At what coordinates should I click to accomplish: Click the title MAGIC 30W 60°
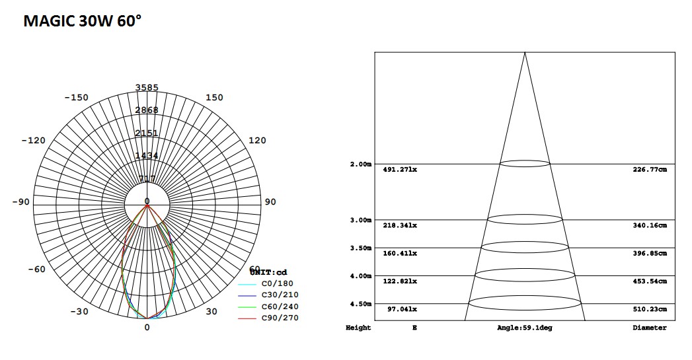pos(82,21)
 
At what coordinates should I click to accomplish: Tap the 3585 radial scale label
pos(147,87)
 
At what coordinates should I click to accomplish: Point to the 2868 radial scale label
pos(147,110)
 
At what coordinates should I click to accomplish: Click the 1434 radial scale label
pos(147,156)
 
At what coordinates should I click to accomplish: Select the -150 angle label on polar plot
pos(76,98)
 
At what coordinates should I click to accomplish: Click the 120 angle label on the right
pos(257,141)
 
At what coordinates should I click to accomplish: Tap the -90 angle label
pos(20,201)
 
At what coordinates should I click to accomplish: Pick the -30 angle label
pos(79,312)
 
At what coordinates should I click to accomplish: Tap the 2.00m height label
pos(360,164)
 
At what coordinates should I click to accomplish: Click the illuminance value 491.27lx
pos(400,170)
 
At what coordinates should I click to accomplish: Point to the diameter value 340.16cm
pos(650,225)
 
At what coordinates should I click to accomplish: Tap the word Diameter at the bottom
pos(649,328)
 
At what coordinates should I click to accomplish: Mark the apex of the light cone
pos(525,52)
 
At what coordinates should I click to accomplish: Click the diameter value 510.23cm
pos(650,309)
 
